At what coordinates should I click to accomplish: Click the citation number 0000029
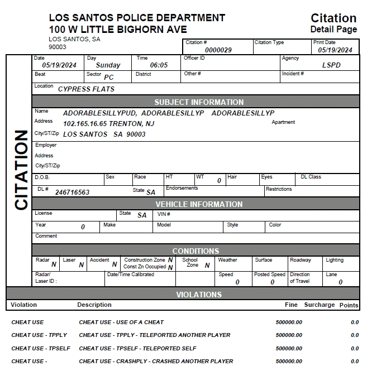(218, 50)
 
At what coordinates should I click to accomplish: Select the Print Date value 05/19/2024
(335, 50)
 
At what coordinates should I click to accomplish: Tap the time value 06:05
(159, 65)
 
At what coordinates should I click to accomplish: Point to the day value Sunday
(108, 65)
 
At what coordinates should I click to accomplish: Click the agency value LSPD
(331, 65)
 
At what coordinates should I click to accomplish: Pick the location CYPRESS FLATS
(86, 89)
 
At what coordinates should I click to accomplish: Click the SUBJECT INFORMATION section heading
(199, 102)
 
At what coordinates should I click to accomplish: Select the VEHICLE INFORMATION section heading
(199, 204)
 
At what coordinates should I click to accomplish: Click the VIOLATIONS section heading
(199, 294)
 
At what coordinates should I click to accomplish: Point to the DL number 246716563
(72, 192)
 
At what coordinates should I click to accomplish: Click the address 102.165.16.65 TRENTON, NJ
(109, 123)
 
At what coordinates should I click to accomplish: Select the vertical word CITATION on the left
(21, 170)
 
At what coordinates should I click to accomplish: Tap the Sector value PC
(109, 78)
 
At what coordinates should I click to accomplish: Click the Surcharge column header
(319, 305)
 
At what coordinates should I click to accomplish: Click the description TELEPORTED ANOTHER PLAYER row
(155, 335)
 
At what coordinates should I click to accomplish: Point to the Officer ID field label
(194, 58)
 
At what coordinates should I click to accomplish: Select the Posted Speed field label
(270, 274)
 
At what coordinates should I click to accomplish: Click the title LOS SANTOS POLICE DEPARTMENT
(137, 18)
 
